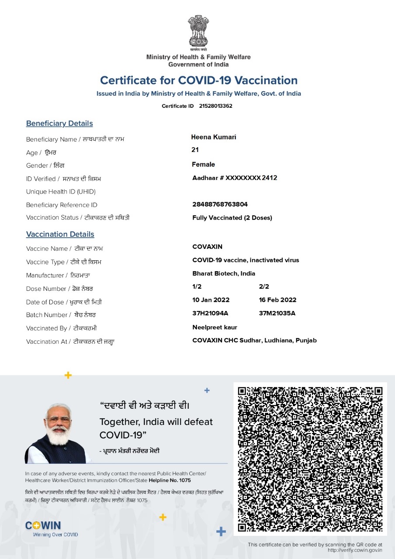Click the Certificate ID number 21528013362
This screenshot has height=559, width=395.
point(215,106)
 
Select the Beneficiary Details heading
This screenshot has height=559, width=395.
point(59,124)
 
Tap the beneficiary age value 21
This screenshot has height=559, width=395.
point(195,150)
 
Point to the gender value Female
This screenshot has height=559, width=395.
point(204,165)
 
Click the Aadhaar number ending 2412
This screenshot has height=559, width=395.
point(235,178)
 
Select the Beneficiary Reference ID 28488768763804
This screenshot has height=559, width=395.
point(220,204)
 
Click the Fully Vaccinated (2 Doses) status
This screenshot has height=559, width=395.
point(232,218)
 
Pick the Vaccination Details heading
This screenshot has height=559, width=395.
point(60,235)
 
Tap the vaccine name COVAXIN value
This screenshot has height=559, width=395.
point(207,247)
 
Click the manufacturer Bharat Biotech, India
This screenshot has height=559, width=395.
point(224,273)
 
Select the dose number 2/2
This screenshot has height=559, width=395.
point(264,286)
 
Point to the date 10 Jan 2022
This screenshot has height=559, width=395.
point(211,300)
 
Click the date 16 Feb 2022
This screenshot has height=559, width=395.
point(277,300)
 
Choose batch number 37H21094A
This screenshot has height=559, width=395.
point(210,313)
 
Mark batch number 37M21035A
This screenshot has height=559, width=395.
point(277,313)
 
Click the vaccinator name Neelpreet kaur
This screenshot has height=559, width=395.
point(215,327)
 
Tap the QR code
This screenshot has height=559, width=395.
point(310,459)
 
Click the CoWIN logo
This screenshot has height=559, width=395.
point(43,526)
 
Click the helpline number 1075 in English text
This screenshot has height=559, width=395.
point(185,480)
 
